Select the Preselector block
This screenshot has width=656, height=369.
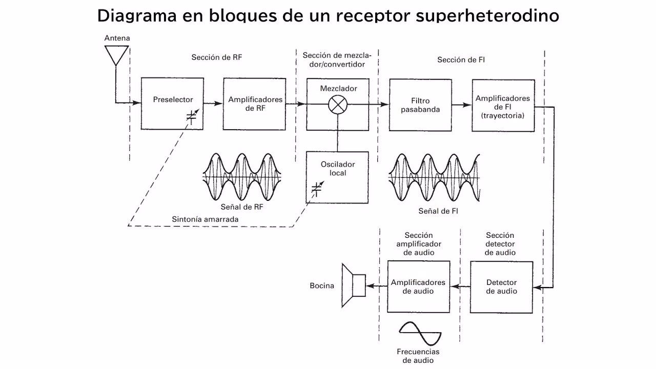(x=171, y=104)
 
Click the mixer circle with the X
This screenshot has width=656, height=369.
(x=337, y=104)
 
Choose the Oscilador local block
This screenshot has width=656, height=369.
(x=337, y=177)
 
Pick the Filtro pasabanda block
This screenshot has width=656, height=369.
(x=420, y=105)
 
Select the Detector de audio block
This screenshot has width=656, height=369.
(x=501, y=286)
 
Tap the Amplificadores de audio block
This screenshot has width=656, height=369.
(x=418, y=286)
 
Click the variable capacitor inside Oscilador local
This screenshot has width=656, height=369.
(x=317, y=189)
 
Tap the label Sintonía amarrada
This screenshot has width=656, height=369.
(x=205, y=219)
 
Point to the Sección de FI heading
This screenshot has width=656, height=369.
(x=461, y=60)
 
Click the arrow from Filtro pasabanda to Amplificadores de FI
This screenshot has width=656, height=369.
(x=461, y=105)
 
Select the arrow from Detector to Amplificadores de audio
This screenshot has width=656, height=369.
(x=460, y=286)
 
